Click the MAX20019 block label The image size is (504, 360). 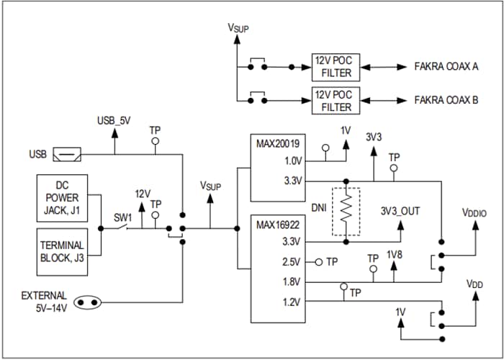click(x=277, y=143)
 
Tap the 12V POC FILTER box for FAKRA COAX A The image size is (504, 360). click(x=333, y=66)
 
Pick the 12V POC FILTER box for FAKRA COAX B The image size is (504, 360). click(x=333, y=101)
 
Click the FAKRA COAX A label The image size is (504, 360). click(x=446, y=66)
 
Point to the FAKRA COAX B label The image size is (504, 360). click(x=446, y=101)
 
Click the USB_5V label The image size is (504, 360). click(x=115, y=120)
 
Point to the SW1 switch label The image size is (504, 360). click(x=122, y=217)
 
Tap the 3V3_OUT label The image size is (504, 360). click(x=400, y=211)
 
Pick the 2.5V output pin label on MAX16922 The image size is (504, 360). click(x=290, y=262)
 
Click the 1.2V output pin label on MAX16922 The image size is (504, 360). click(x=290, y=302)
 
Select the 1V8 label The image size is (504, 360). click(x=395, y=256)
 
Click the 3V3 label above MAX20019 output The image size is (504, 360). click(x=374, y=136)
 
